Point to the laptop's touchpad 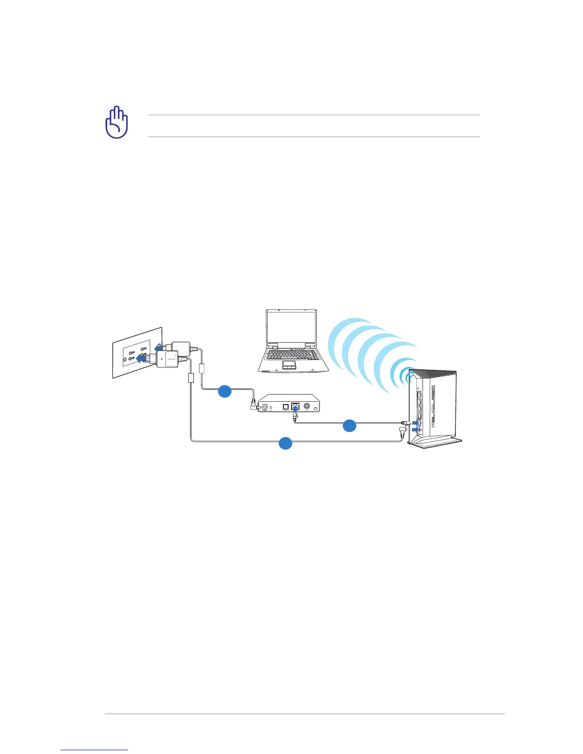coord(289,365)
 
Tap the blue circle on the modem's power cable coord(225,392)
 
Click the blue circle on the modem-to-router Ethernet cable coord(349,426)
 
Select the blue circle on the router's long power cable coord(285,443)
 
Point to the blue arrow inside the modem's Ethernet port coord(295,407)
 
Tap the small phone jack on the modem coord(285,407)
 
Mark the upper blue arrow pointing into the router coord(416,422)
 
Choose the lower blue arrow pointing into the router coord(416,429)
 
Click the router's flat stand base coord(436,442)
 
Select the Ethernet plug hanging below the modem coord(295,417)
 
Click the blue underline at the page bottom coord(94,750)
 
